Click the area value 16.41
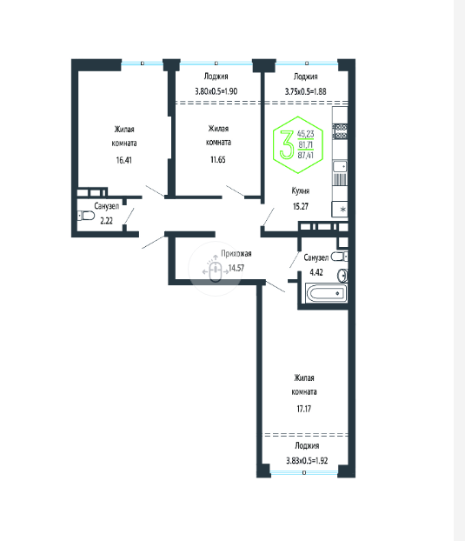pyautogui.click(x=123, y=160)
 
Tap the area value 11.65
pyautogui.click(x=218, y=159)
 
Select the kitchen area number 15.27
pyautogui.click(x=301, y=206)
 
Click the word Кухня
pyautogui.click(x=300, y=190)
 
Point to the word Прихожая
pyautogui.click(x=236, y=254)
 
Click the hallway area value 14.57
pyautogui.click(x=236, y=268)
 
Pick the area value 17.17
pyautogui.click(x=303, y=409)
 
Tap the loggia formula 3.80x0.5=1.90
pyautogui.click(x=216, y=91)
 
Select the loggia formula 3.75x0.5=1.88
pyautogui.click(x=305, y=91)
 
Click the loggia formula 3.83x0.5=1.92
pyautogui.click(x=307, y=461)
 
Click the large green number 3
pyautogui.click(x=287, y=145)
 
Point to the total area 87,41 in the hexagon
pyautogui.click(x=306, y=156)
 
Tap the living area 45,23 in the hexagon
pyautogui.click(x=306, y=134)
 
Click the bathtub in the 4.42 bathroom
pyautogui.click(x=326, y=293)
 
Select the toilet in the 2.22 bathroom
pyautogui.click(x=86, y=216)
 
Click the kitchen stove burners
pyautogui.click(x=340, y=131)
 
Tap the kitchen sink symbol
pyautogui.click(x=340, y=166)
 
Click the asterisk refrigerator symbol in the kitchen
pyautogui.click(x=343, y=209)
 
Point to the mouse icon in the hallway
pyautogui.click(x=216, y=271)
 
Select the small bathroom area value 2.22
pyautogui.click(x=107, y=221)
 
